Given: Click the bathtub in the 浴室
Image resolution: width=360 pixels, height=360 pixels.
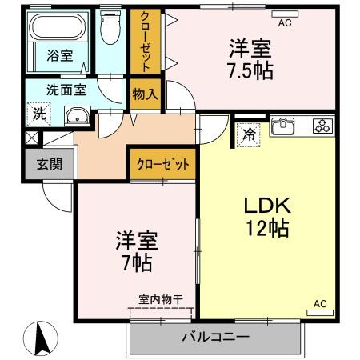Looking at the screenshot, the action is point(58,26).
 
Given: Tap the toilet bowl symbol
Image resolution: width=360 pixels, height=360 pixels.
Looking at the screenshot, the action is point(110,28).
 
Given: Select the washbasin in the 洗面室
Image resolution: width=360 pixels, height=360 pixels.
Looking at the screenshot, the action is point(78,116).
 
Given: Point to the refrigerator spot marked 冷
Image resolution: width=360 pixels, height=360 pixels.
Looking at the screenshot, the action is point(249,135).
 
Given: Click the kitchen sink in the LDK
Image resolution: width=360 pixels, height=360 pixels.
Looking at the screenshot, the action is point(282,126).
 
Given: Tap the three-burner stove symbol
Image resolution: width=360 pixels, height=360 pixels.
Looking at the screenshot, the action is point(323,126).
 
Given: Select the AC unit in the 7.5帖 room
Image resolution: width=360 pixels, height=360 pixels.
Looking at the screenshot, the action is point(285,14).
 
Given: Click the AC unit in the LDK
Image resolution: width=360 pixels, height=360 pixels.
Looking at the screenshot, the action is point(320,313).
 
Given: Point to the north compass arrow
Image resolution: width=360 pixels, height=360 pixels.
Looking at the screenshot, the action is point(41,338).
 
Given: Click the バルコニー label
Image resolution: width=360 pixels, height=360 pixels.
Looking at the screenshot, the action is point(216,338).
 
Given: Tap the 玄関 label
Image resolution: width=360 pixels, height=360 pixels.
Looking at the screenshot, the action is point(50,164).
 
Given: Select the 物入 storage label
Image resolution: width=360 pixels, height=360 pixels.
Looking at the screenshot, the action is point(146,94).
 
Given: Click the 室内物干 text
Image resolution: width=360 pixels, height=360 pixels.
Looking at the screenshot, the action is point(161,300).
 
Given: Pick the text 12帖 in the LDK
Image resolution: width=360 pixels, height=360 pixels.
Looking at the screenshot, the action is point(267,228).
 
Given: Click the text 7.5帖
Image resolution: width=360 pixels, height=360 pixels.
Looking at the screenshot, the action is point(250,70).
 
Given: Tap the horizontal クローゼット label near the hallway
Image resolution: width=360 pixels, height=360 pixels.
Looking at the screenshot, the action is point(163,164).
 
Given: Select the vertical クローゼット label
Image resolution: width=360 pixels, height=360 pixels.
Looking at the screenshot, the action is point(146,42).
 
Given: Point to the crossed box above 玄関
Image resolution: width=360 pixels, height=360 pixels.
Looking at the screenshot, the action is point(31,138).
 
